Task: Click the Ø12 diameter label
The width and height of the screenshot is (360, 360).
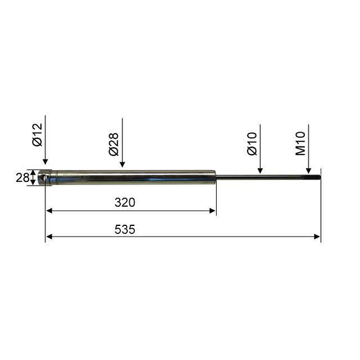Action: point(37,135)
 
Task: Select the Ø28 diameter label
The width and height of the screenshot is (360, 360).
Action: point(114,145)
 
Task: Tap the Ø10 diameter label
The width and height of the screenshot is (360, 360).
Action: point(252,144)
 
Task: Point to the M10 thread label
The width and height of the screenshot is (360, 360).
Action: point(300,143)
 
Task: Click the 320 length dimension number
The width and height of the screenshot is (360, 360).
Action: point(125,202)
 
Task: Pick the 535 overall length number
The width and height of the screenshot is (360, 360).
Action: point(125,230)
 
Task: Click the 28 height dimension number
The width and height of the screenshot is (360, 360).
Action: point(22,178)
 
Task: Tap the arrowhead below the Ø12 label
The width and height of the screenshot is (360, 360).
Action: point(45,161)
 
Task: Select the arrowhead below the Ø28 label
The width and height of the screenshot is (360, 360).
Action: point(122,164)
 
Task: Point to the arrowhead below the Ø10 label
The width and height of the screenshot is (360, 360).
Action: point(260,171)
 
